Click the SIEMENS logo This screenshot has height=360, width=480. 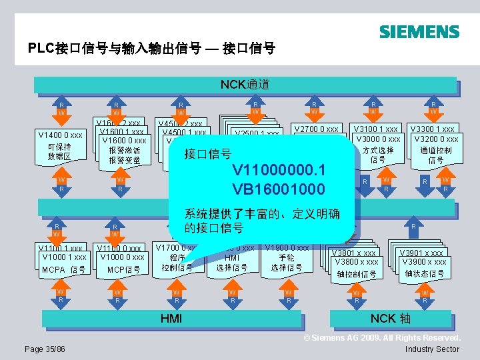click(419, 31)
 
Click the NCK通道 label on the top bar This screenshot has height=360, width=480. click(245, 85)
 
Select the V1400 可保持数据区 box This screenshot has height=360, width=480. click(60, 146)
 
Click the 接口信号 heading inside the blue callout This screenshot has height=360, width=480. click(208, 154)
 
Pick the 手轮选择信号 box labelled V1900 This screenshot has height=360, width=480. click(286, 259)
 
